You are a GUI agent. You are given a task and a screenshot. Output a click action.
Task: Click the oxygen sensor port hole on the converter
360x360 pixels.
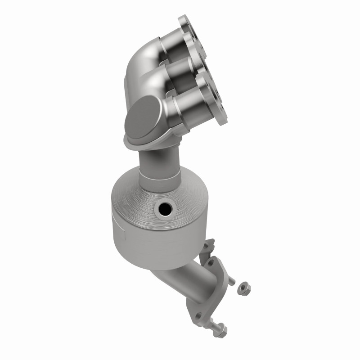pyautogui.click(x=164, y=208)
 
